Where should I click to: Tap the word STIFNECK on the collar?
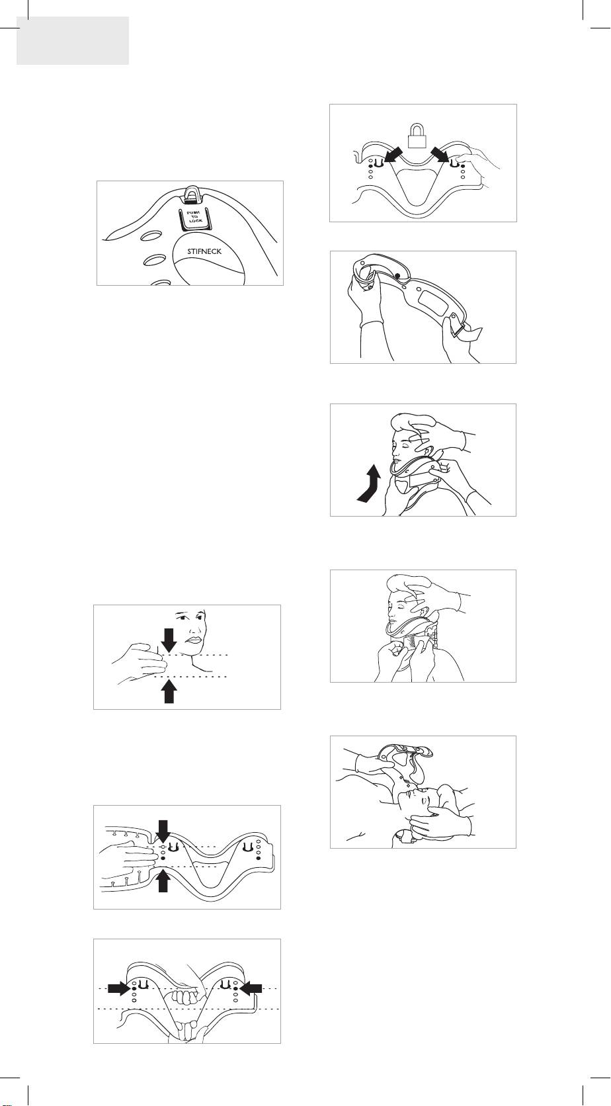[204, 251]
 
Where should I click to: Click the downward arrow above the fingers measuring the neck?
[169, 640]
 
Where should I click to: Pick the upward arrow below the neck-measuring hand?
[169, 691]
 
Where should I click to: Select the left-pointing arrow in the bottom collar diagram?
[251, 988]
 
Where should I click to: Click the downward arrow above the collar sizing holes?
[163, 830]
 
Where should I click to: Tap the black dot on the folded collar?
[397, 276]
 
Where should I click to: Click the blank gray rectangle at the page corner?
[73, 40]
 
